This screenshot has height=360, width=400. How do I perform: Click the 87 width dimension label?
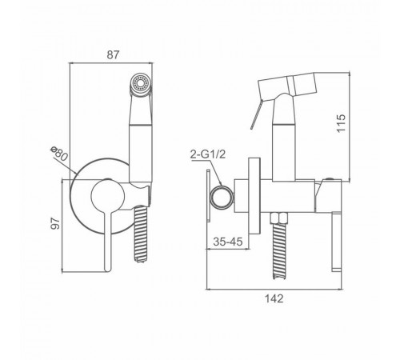click(x=112, y=54)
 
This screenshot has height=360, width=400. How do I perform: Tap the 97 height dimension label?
click(x=55, y=223)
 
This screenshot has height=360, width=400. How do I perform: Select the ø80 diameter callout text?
click(x=58, y=154)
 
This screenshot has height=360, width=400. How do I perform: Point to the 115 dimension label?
click(x=341, y=123)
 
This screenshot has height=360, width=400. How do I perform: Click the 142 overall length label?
click(x=274, y=298)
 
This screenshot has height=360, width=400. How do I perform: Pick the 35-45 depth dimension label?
click(x=228, y=242)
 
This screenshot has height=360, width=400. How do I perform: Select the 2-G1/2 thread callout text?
click(x=208, y=154)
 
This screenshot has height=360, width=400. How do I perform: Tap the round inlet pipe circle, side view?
click(x=222, y=197)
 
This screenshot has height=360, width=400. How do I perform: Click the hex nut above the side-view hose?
click(x=279, y=218)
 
